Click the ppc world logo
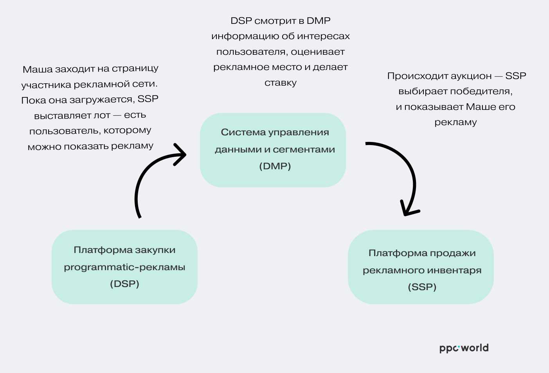(x=464, y=348)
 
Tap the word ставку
(x=281, y=83)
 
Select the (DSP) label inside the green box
(x=124, y=284)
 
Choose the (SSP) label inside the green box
(x=422, y=287)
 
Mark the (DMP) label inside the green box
(x=275, y=166)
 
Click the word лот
(x=102, y=115)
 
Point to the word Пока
(x=33, y=100)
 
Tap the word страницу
(x=135, y=69)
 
